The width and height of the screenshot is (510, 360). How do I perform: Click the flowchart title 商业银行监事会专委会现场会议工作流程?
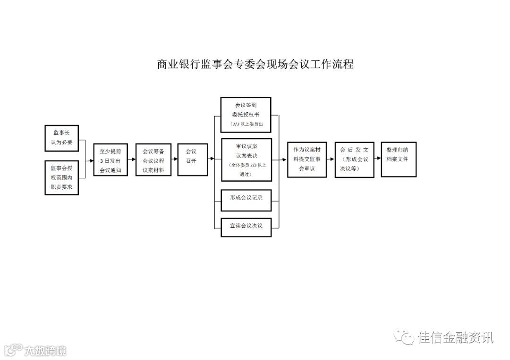point(255,64)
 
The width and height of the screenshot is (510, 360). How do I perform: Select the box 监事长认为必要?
point(62,137)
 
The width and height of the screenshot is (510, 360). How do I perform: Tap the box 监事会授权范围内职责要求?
point(62,178)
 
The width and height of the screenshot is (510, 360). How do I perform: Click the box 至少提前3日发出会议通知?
point(110,160)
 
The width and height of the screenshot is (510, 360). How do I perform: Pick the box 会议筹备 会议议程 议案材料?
point(153,160)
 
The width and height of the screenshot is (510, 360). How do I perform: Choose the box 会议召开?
point(191,160)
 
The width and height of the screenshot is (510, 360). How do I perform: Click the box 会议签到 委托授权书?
point(246,114)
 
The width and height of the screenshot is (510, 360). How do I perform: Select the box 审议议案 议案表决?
point(246,159)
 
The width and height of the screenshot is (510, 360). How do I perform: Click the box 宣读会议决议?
point(246,226)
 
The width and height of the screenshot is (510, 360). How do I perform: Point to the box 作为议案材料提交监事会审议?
point(307,159)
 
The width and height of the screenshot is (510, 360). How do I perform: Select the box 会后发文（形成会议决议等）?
point(354,159)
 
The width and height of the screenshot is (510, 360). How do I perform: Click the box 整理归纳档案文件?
point(399,159)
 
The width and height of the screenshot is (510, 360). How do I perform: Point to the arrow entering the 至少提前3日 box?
point(90,160)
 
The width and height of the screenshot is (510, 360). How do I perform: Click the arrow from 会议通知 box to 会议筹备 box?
point(132,160)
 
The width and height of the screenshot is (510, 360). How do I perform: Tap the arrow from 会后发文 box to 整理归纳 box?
point(377,159)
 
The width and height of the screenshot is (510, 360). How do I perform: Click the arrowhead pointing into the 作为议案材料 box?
point(285,159)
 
